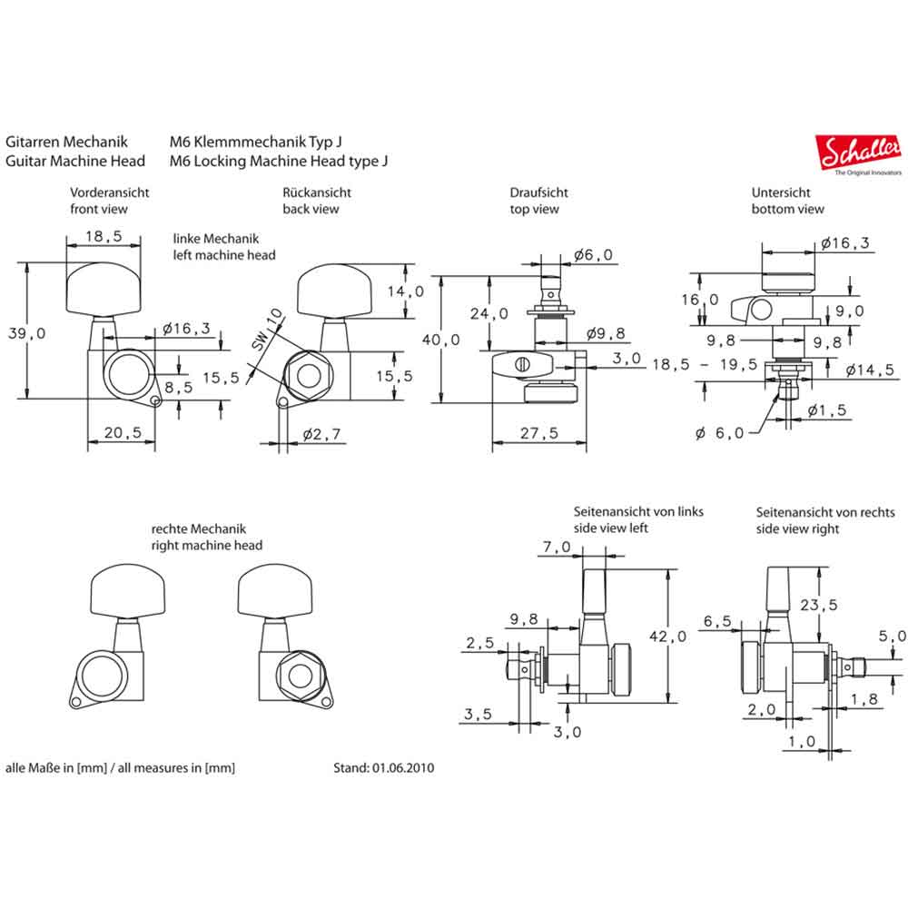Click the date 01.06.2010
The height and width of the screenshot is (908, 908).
point(402,767)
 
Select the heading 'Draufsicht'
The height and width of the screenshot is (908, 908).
point(538,192)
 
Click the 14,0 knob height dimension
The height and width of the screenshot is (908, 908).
point(405,291)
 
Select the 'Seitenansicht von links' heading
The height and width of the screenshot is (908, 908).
point(638,511)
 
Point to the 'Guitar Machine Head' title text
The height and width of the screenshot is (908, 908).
point(75,161)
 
